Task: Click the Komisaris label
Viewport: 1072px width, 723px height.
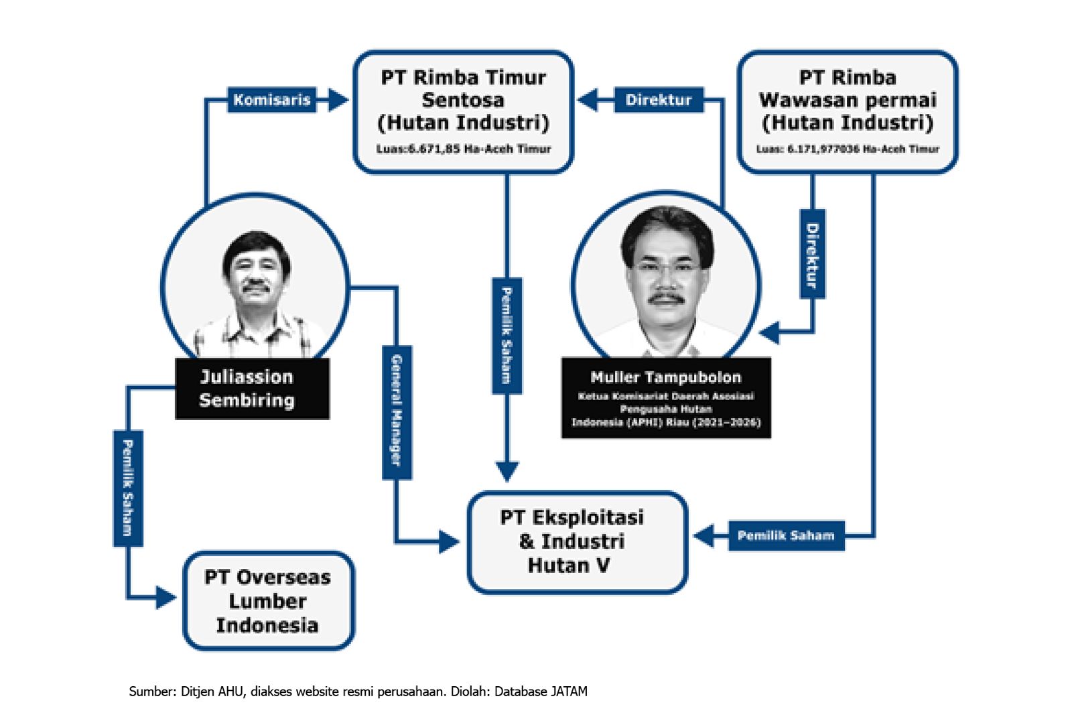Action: pyautogui.click(x=271, y=101)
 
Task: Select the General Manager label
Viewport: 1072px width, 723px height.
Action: pyautogui.click(x=397, y=411)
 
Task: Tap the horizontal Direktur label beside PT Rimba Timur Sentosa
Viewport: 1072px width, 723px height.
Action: pyautogui.click(x=658, y=101)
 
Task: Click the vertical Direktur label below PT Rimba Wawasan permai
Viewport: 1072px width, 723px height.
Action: pyautogui.click(x=812, y=255)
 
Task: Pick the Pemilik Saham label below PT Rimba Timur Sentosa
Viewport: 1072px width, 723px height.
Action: pyautogui.click(x=507, y=335)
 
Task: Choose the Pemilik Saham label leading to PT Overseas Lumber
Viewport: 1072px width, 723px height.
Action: pyautogui.click(x=127, y=487)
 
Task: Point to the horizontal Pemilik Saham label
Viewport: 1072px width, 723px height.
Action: pyautogui.click(x=786, y=535)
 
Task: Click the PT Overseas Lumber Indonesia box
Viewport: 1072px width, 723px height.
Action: pyautogui.click(x=268, y=601)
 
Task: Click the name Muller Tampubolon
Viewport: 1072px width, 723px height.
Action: pyautogui.click(x=665, y=377)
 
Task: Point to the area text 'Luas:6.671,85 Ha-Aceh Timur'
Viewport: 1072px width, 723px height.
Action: pyautogui.click(x=463, y=149)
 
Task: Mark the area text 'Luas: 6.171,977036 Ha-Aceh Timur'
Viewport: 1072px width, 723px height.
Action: pyautogui.click(x=848, y=149)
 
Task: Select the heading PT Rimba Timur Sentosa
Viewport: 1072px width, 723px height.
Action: pyautogui.click(x=463, y=88)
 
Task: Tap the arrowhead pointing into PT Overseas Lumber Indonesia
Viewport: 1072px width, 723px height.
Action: pyautogui.click(x=165, y=596)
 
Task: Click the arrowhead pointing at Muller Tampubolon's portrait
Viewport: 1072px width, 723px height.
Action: pyautogui.click(x=769, y=332)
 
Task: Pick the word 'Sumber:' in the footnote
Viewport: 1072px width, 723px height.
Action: pyautogui.click(x=152, y=692)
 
